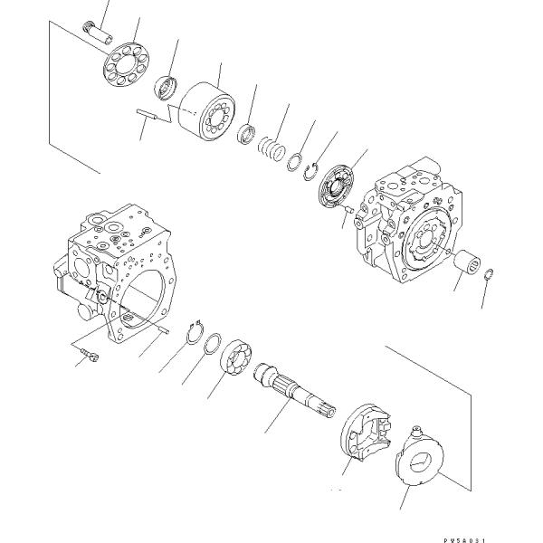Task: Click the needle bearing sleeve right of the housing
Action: tap(468, 265)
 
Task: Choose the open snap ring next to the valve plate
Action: tap(311, 170)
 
